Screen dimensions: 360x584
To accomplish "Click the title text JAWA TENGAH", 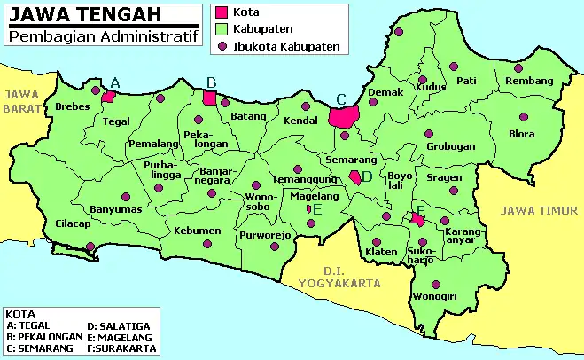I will [75, 14].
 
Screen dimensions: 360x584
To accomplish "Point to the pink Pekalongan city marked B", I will [210, 97].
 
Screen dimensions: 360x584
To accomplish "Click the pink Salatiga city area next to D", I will [355, 177].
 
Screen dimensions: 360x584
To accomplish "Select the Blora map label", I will [522, 135].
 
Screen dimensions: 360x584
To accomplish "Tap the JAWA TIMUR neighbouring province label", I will [540, 210].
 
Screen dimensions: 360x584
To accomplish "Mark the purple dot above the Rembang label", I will [519, 67].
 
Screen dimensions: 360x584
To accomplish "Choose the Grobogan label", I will [451, 146].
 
